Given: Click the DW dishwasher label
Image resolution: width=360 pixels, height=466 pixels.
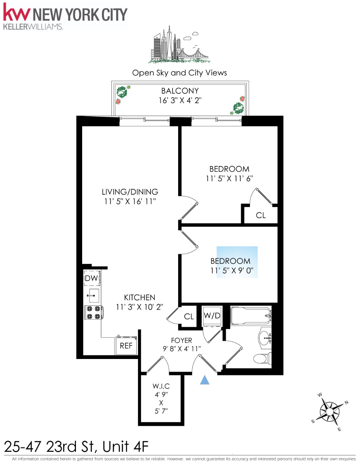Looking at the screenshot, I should (91, 278).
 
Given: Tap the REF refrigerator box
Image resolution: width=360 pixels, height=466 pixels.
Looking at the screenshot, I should (126, 346).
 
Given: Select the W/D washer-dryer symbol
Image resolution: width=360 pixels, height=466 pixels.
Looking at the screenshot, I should (212, 316).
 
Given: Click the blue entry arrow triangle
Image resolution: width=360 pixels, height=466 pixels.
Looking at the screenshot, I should (205, 380).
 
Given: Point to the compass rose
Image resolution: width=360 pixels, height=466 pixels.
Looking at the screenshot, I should (329, 411).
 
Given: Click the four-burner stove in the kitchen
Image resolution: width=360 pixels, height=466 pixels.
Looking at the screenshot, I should (94, 312).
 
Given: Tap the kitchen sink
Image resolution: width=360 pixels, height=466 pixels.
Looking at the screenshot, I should (93, 295).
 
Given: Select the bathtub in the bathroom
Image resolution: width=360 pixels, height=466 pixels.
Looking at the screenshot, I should (251, 315).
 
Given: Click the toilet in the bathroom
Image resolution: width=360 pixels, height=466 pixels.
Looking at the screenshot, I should (261, 358).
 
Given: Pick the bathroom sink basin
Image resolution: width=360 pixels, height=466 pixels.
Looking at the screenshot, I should (265, 338).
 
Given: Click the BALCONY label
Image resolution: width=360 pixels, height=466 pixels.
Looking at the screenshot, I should (180, 91).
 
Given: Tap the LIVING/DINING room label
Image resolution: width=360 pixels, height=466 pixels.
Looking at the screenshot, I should (130, 192).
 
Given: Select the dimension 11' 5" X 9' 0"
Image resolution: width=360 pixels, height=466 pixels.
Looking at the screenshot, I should (232, 271).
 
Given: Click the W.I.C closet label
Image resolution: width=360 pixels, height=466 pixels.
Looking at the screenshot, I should (161, 386).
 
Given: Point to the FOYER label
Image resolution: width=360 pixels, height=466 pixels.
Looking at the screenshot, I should (182, 340).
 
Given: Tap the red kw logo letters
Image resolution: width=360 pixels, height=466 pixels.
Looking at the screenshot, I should (16, 13).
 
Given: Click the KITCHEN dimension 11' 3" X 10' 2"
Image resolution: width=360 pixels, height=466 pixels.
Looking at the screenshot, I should (139, 307).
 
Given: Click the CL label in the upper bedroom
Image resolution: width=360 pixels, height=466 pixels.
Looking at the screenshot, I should (261, 215).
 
